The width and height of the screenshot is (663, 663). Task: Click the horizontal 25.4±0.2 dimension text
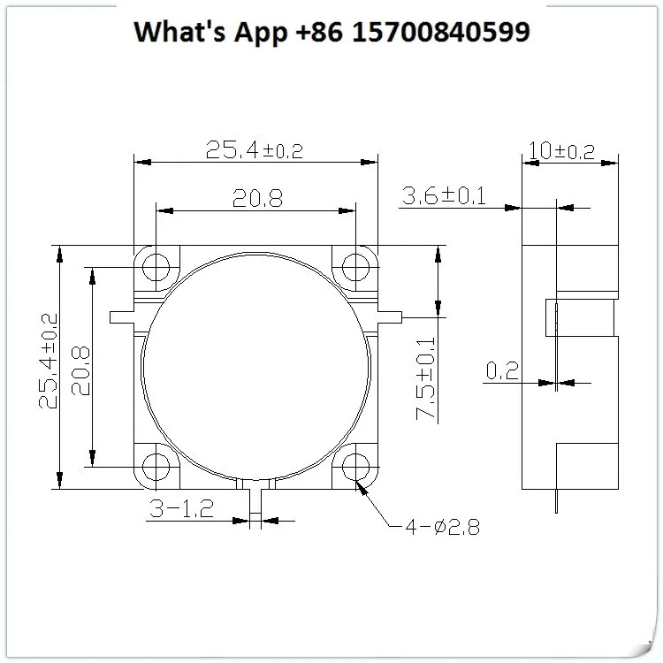pos(255,150)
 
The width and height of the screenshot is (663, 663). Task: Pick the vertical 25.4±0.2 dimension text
pos(48,361)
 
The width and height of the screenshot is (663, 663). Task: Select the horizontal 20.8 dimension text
pos(257,198)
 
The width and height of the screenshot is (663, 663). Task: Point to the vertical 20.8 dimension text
pos(80,370)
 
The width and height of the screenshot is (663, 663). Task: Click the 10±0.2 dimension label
pos(561,150)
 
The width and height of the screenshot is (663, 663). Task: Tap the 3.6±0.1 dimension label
pos(444,195)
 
